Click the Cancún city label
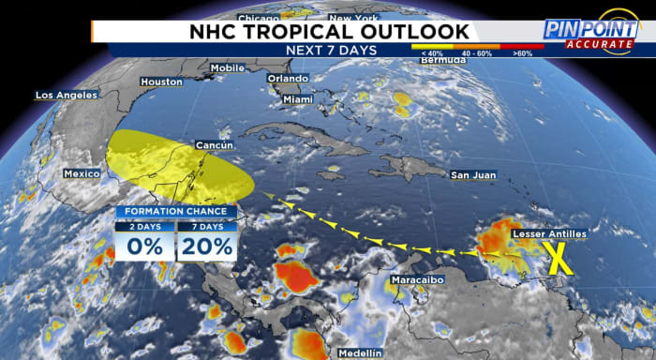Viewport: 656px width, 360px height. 214,145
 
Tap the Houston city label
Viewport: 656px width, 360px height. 160,82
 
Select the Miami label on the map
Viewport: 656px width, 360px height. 297,99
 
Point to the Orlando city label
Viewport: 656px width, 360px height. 288,79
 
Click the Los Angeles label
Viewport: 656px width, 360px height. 66,96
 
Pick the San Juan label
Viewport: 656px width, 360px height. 471,175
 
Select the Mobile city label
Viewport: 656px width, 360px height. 228,68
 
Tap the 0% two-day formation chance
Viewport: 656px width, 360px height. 145,247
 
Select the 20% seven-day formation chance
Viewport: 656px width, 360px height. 206,247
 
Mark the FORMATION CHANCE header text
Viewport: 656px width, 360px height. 175,212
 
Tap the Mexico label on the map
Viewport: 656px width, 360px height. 82,174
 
